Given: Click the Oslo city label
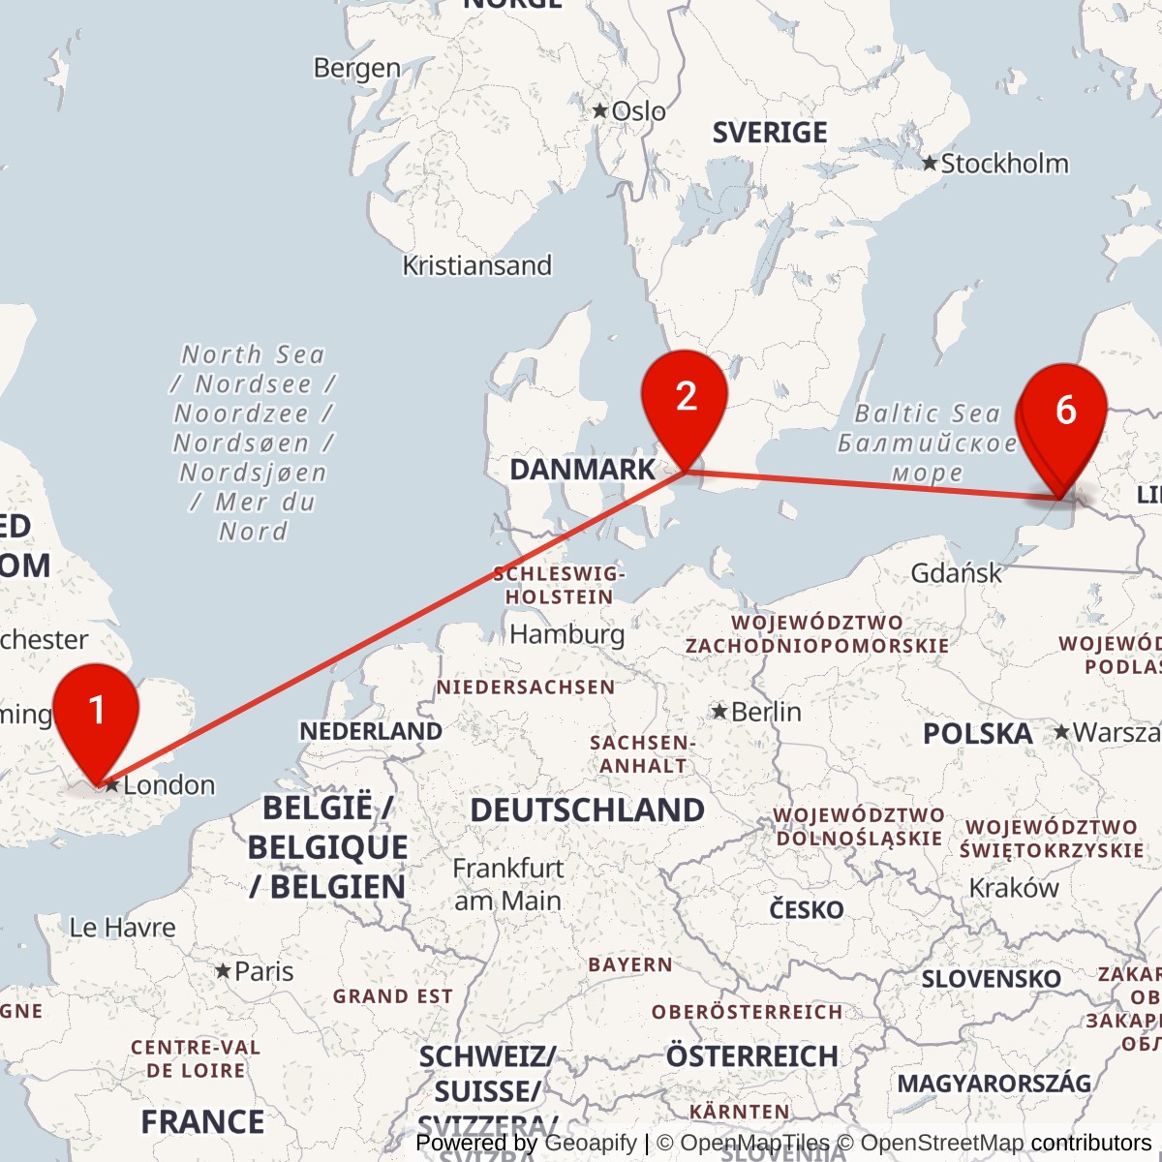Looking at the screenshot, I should pos(638,111).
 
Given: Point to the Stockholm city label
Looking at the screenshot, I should pos(1004,164).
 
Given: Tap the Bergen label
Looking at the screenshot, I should pos(356,68).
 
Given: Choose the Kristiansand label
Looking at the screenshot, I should pos(476,265).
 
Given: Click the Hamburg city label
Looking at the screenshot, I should pos(566,634).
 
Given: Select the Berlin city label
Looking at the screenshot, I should pos(766,712).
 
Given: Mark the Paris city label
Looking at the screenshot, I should pos(263,971).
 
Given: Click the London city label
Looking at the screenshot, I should pos(168,784).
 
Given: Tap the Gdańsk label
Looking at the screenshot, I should pos(956,573).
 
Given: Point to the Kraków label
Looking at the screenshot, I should pos(1014,888).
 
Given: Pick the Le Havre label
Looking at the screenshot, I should pos(122,928).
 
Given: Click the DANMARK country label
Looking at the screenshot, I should pos(582,470).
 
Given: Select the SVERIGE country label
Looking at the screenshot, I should pos(770,133).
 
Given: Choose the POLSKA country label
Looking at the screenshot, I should pos(977,734).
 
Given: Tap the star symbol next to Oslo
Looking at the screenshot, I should pos(600,111).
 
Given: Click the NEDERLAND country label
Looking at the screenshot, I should pos(370,731).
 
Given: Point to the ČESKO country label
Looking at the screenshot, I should pos(806,910).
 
